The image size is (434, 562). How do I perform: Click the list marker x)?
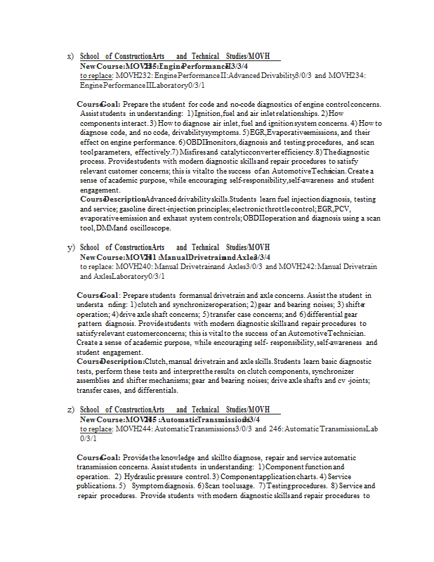(x=70, y=56)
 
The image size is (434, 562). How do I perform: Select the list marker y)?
(x=70, y=247)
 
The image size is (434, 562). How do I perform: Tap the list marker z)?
(x=70, y=410)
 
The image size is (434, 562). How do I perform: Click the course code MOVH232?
(x=129, y=75)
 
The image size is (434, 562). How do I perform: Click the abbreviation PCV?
(x=342, y=209)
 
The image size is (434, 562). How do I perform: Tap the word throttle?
(x=277, y=209)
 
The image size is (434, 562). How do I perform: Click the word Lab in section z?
(x=371, y=429)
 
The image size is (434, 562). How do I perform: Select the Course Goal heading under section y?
(x=97, y=296)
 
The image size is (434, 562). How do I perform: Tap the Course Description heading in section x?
(x=110, y=200)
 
